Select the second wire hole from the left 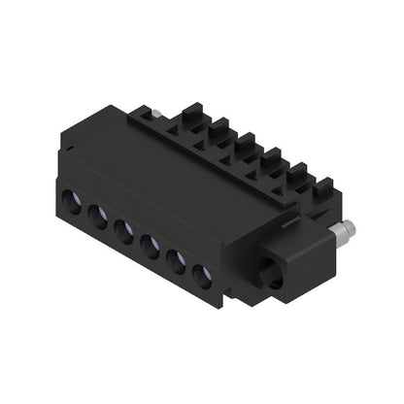pos(97,216)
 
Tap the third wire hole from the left pos(124,228)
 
